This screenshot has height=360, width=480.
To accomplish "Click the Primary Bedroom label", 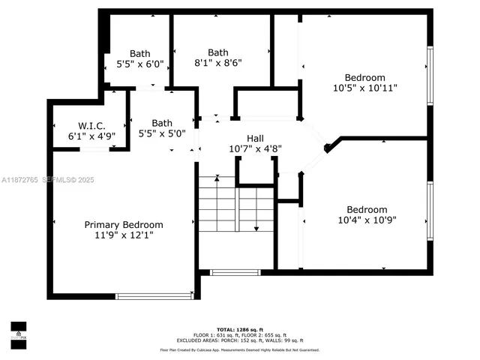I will point(123,224).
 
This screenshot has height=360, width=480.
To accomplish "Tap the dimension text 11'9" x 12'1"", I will point(123,235).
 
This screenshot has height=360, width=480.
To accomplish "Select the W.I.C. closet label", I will point(91,126).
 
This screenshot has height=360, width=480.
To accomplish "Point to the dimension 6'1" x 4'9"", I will point(91,136).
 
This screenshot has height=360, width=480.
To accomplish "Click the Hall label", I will point(255,138).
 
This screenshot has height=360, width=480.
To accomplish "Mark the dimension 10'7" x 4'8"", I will point(255,148).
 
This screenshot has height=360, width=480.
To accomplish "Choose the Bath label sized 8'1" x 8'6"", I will point(218,52).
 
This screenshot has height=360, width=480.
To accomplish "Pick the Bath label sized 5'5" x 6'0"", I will point(139,53).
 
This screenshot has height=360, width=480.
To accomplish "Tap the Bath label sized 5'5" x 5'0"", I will point(162,123).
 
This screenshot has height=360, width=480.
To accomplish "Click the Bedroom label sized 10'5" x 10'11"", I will point(364,77).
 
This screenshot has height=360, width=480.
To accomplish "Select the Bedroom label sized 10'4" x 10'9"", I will point(367,209).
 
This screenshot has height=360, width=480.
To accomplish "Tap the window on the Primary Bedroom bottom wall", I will point(154,295).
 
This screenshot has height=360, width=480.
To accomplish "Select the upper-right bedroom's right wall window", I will point(430,76).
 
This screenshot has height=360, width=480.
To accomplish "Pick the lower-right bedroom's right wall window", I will point(430,214).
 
